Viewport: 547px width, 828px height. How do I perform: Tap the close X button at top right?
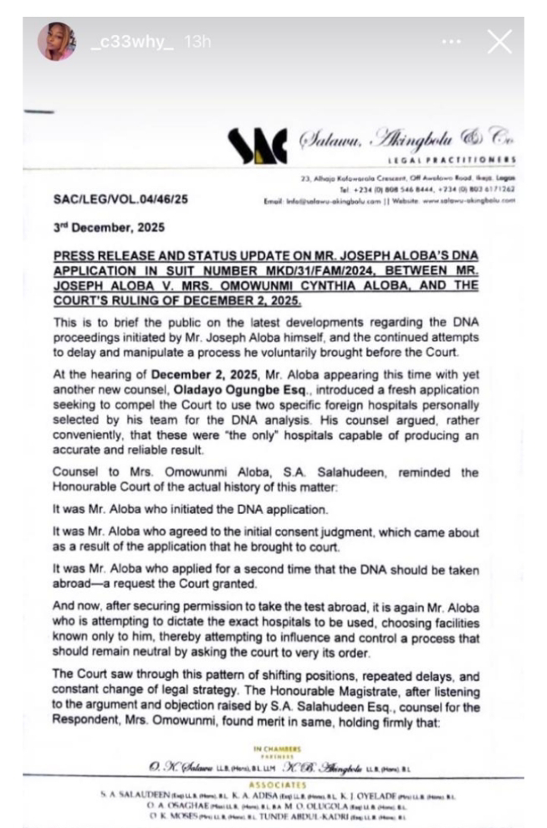(499, 41)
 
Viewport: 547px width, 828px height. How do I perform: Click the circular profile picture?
(57, 41)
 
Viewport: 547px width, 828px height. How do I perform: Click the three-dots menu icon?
(451, 41)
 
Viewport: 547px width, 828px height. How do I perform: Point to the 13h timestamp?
(199, 41)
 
